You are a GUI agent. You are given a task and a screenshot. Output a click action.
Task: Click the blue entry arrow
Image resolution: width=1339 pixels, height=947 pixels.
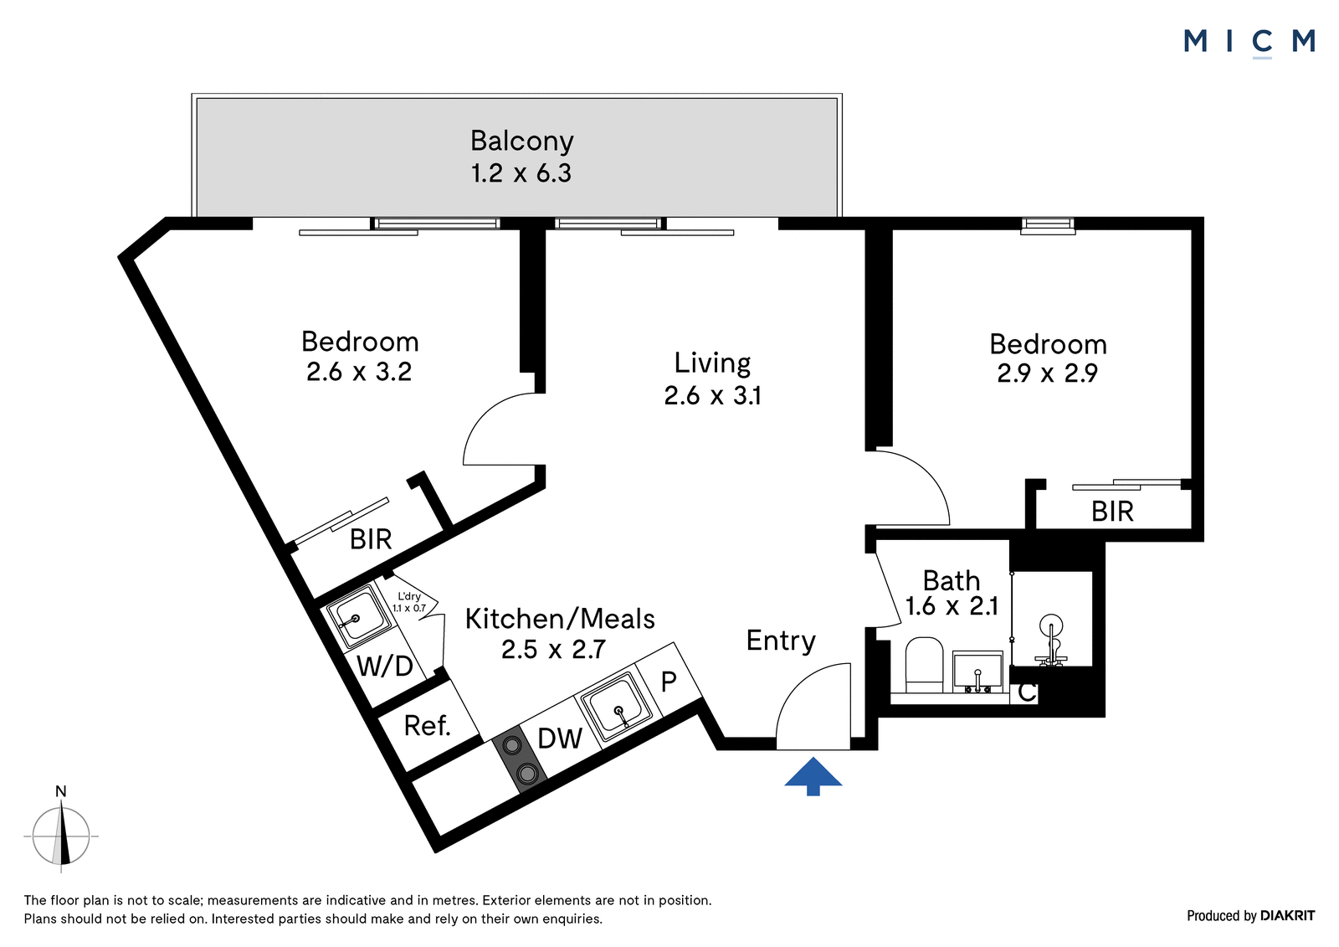click(x=813, y=776)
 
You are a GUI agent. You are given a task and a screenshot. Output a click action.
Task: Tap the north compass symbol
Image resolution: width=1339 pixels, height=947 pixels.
click(x=61, y=836)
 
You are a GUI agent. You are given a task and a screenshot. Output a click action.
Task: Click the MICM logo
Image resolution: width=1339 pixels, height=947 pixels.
click(x=1249, y=43)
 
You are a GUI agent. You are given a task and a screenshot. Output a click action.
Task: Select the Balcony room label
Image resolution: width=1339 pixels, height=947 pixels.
click(x=522, y=141)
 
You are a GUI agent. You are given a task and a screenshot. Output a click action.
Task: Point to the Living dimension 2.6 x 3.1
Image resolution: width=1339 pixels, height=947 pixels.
click(x=712, y=395)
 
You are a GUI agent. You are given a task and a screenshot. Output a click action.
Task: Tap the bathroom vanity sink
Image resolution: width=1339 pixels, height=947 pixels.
click(x=978, y=672)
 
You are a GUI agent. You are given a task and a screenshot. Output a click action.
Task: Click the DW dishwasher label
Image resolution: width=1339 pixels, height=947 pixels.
click(x=560, y=739)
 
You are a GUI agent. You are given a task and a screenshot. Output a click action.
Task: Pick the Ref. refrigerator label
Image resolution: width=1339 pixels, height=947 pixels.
click(x=427, y=726)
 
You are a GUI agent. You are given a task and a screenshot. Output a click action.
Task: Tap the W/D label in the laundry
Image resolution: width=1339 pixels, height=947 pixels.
click(x=385, y=665)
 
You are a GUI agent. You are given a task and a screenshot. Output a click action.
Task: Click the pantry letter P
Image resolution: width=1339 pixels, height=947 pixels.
click(x=669, y=681)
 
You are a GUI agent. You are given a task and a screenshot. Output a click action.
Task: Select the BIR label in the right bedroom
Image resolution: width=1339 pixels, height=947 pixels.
click(x=1112, y=512)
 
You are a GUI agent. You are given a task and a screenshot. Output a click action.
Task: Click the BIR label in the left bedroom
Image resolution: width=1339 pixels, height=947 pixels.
click(x=371, y=539)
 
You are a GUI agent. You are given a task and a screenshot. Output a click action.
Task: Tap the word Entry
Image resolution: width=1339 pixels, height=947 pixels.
click(x=781, y=641)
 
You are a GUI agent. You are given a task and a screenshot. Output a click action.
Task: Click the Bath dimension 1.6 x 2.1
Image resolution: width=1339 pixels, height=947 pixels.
click(x=952, y=606)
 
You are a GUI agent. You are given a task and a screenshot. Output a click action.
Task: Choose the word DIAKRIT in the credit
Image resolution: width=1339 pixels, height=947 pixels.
click(x=1288, y=915)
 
